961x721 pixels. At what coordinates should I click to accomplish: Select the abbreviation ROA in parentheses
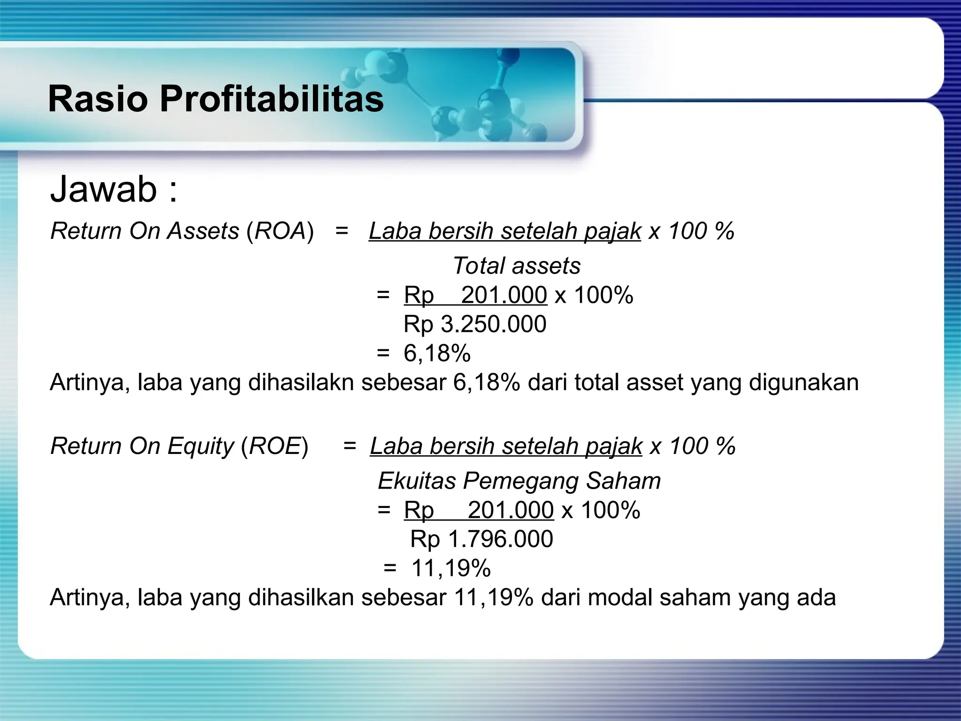tap(280, 231)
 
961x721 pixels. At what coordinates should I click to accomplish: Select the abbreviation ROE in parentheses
tap(275, 446)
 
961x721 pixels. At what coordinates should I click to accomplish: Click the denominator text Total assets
tap(516, 266)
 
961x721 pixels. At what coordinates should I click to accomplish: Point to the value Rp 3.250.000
tap(475, 324)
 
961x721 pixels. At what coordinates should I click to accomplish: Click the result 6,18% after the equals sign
tap(437, 353)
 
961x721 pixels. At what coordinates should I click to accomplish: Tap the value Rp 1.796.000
tap(481, 539)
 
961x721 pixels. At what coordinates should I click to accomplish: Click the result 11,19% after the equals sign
tap(451, 568)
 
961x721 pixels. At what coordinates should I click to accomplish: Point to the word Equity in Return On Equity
tap(200, 446)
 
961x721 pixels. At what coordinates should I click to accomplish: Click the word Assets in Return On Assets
tap(204, 231)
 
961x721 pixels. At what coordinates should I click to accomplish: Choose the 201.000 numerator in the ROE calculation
tap(511, 510)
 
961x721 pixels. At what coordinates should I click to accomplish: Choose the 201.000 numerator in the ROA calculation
tap(504, 295)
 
